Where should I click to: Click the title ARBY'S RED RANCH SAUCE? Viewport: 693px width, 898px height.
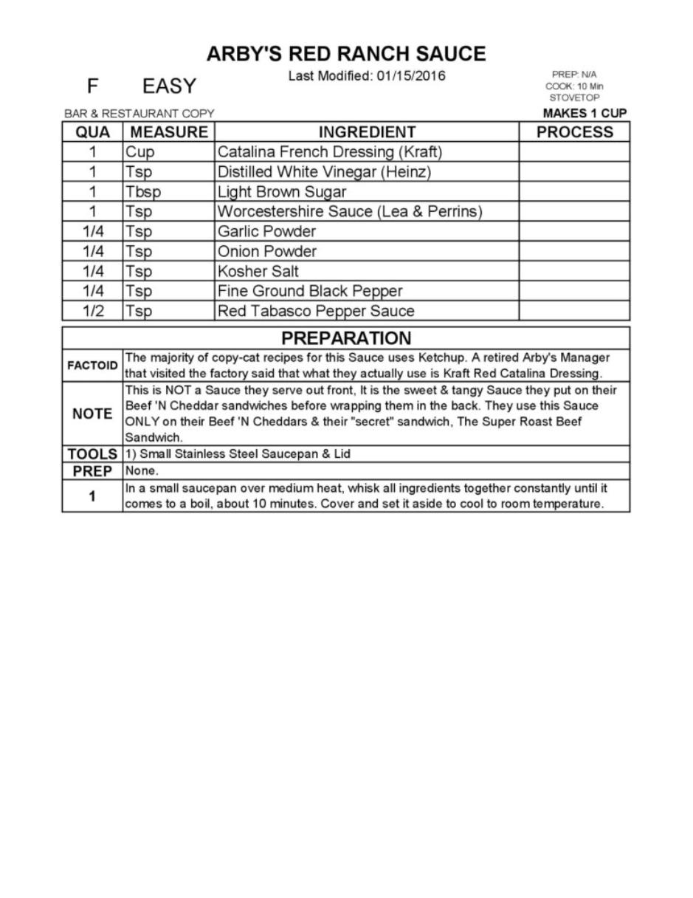345,54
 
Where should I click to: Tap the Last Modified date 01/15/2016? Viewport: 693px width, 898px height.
410,76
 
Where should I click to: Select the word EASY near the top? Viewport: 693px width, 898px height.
169,86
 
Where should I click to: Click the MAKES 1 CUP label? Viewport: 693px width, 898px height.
585,113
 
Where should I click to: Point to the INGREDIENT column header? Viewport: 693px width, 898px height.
367,132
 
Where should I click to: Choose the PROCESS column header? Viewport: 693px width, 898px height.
574,132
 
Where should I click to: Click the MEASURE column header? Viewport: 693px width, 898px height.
169,132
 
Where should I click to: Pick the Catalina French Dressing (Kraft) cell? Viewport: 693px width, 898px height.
329,152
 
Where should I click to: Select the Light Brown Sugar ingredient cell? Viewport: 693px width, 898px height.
281,192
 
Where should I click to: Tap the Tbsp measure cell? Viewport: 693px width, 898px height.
142,192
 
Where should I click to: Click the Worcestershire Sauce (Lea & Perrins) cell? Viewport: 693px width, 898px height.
349,212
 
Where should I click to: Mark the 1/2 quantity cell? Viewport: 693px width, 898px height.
92,311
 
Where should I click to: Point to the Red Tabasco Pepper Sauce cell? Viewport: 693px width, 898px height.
315,311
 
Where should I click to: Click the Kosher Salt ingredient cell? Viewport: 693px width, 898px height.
258,271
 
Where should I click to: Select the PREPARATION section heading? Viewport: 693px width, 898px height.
346,338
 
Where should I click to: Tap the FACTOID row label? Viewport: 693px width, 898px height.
92,366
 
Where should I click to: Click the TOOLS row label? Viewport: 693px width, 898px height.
92,454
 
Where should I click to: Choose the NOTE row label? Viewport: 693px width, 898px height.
92,414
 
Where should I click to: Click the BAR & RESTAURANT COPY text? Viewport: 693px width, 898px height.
139,114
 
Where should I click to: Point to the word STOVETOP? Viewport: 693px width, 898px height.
574,97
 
